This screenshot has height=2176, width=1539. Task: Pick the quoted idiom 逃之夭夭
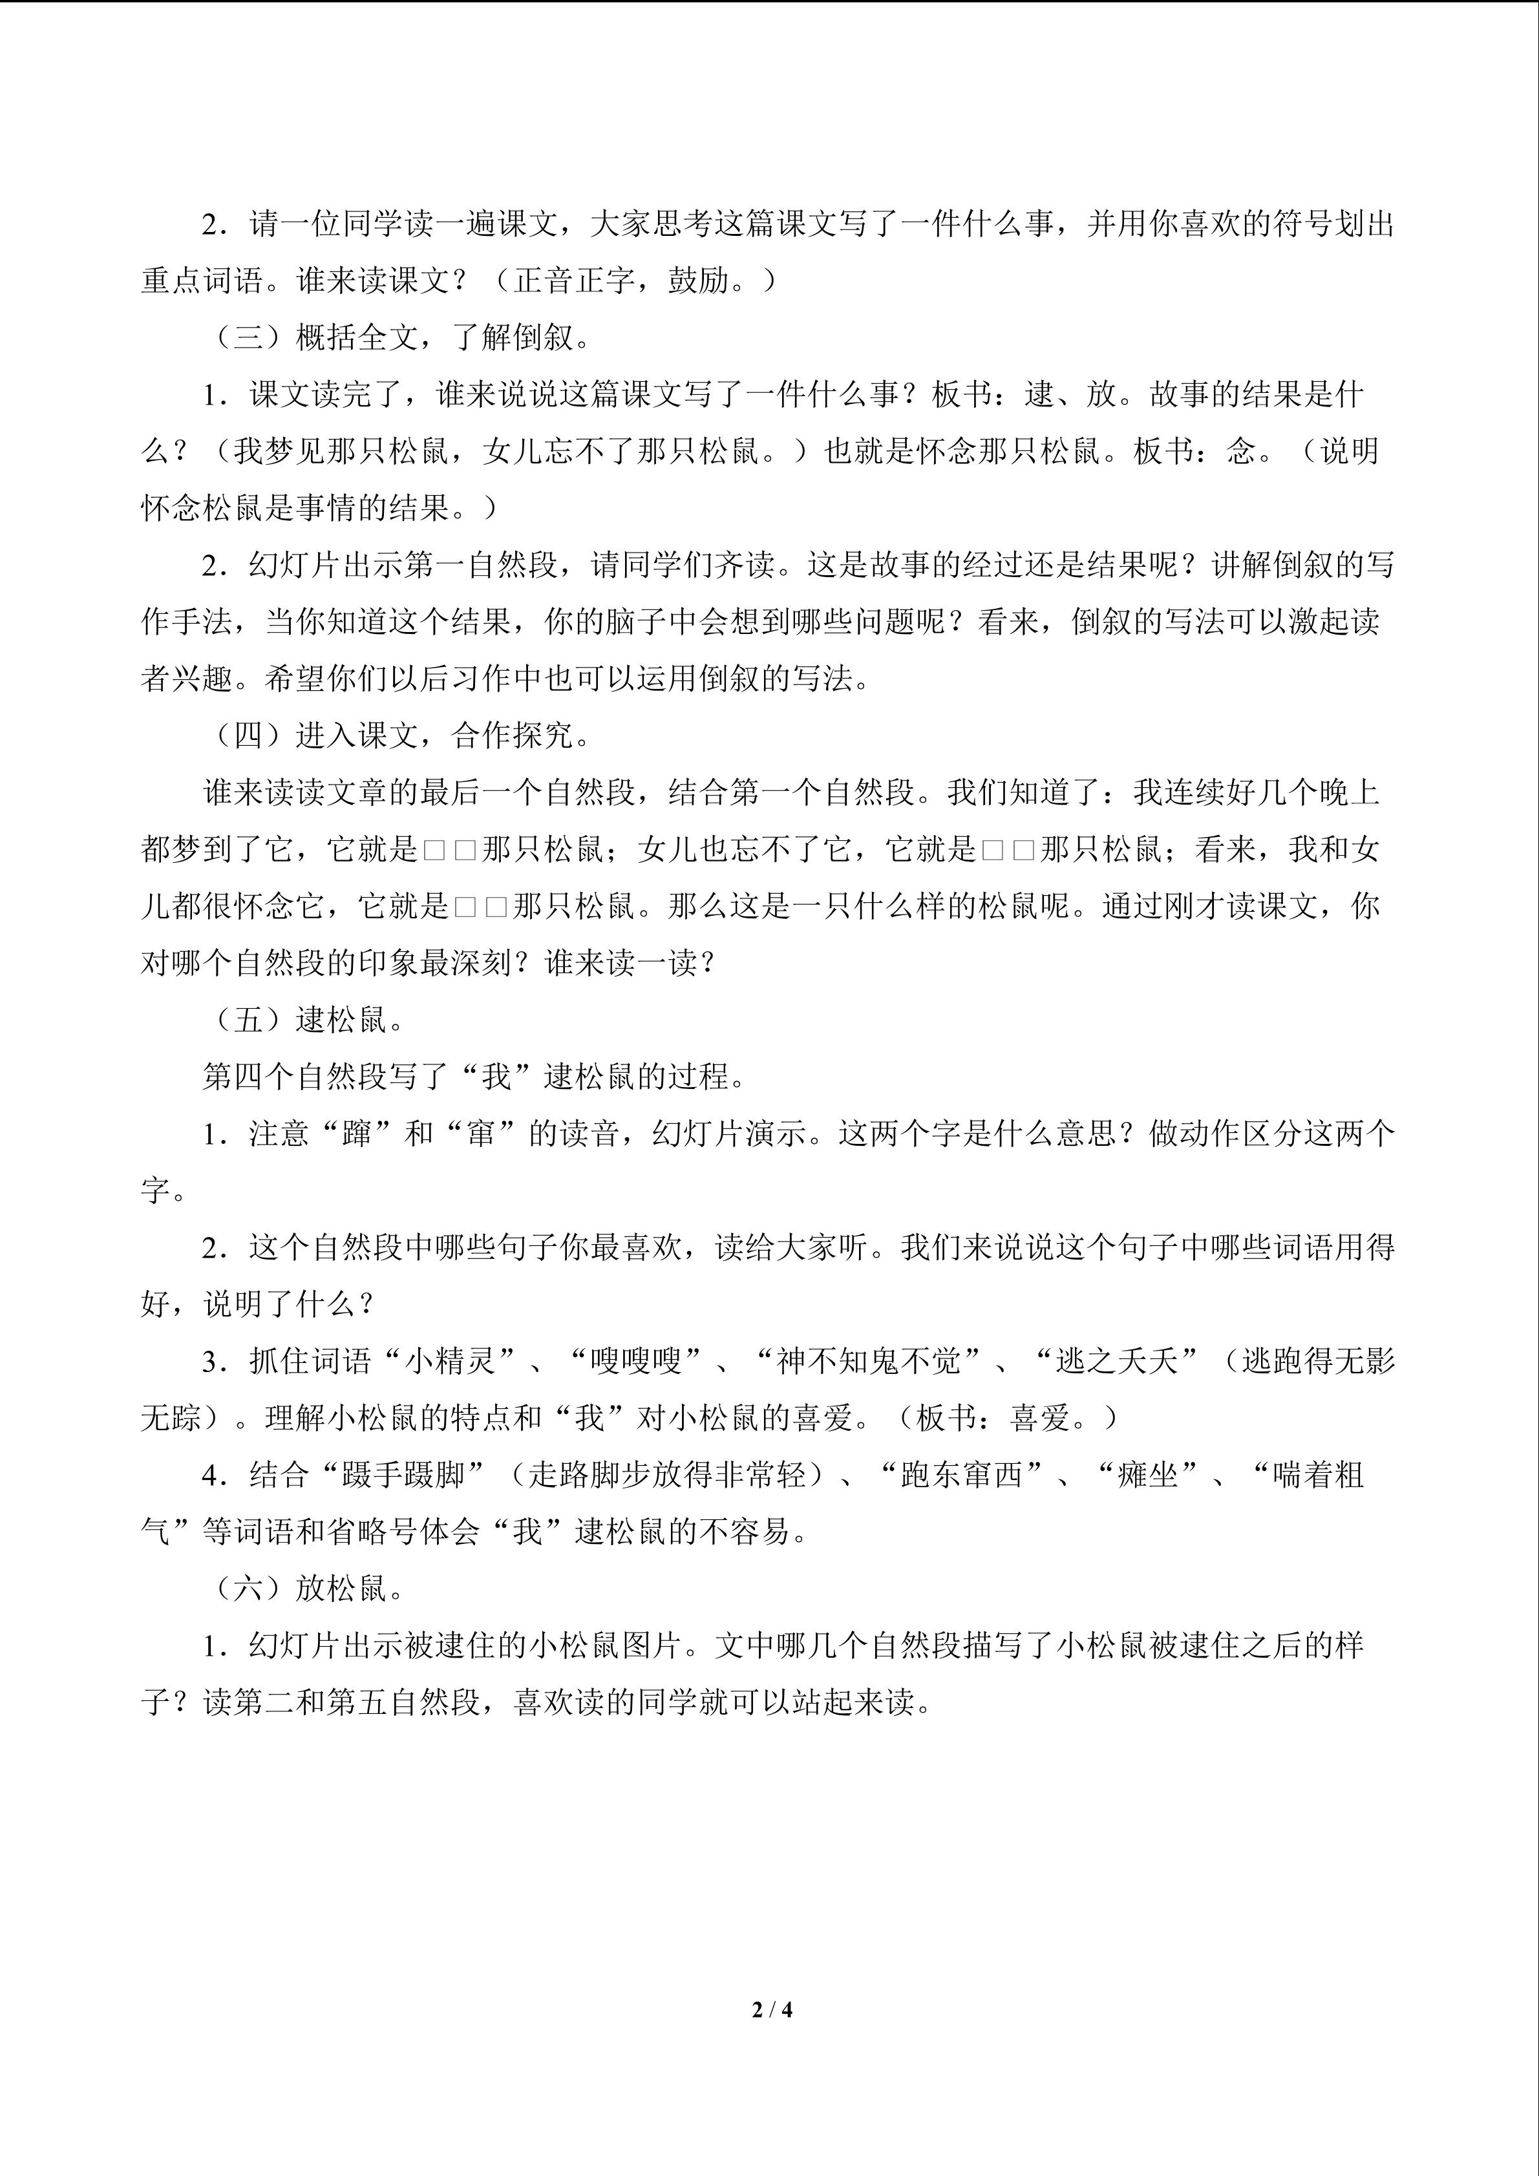(x=1116, y=1361)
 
